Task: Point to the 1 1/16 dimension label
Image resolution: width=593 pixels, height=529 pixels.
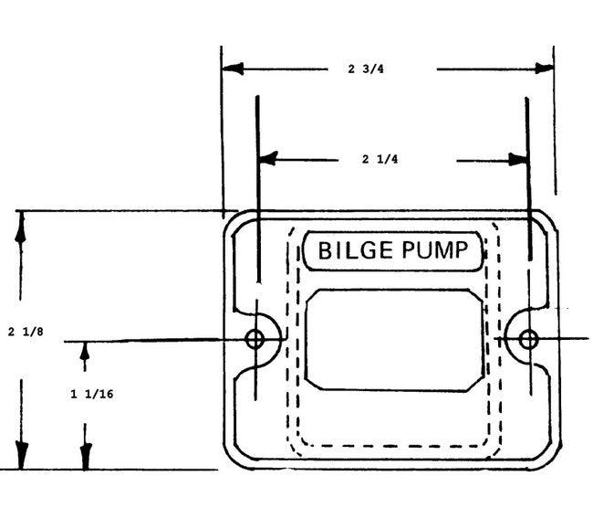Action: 86,396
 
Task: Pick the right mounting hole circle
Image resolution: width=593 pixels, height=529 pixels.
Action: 527,340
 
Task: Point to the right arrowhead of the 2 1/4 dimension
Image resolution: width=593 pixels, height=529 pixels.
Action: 518,159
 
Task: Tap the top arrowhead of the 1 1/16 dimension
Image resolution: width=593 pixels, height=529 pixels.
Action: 86,353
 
